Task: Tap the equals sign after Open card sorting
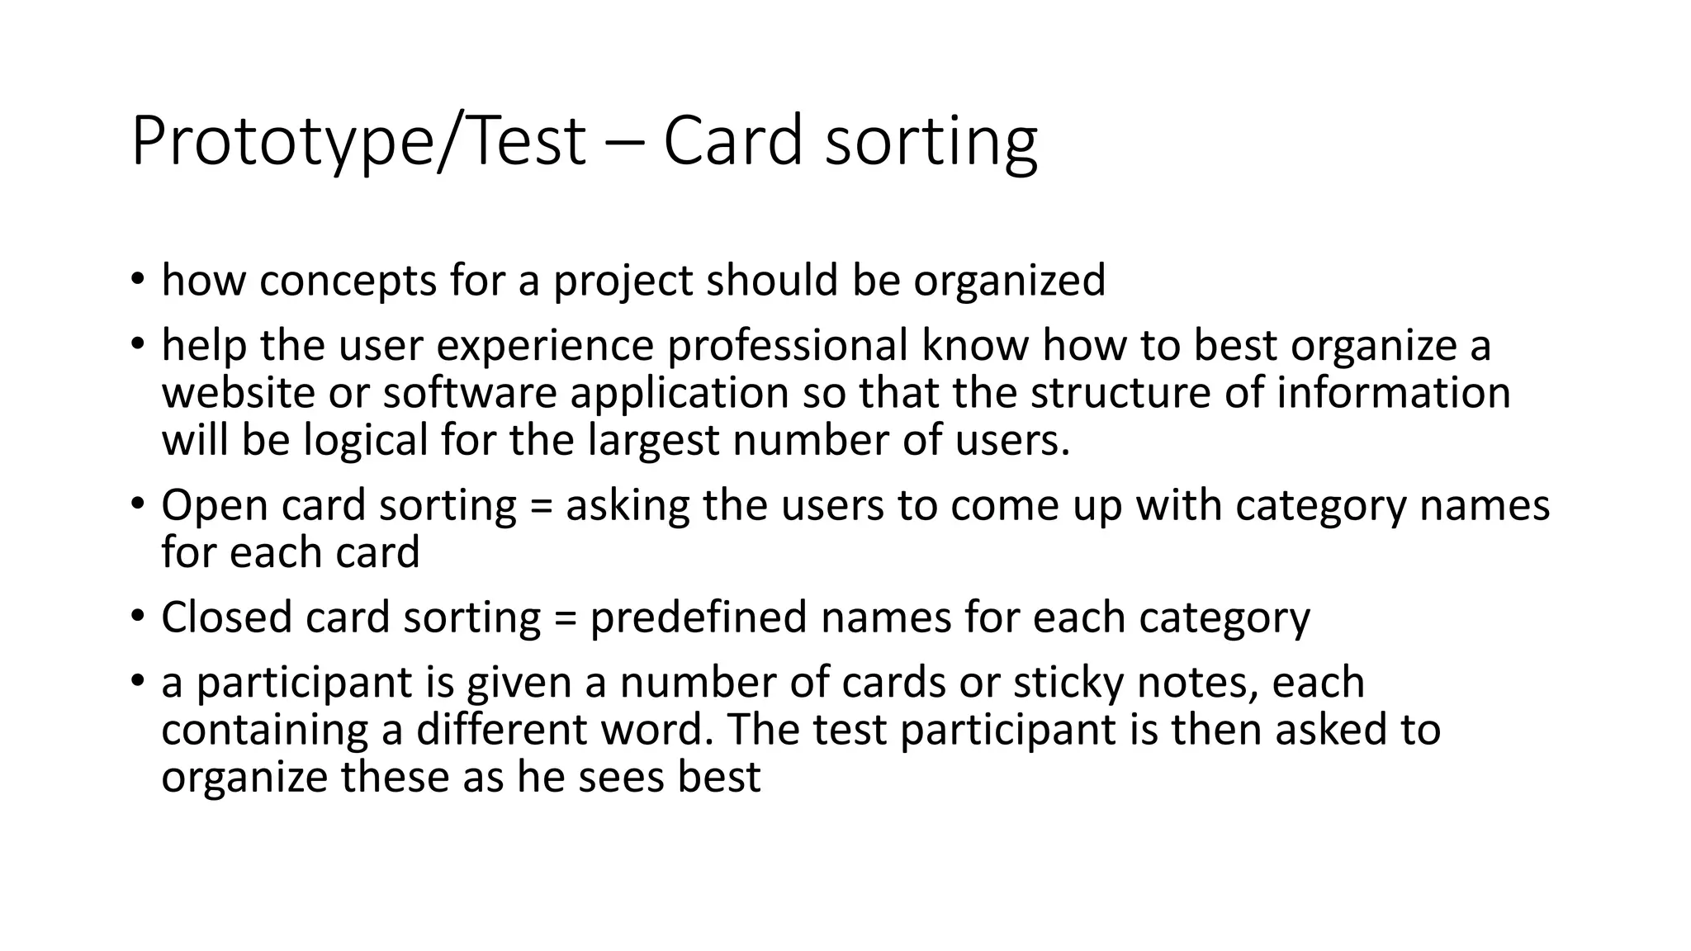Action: (541, 506)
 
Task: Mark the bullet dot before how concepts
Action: (137, 280)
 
